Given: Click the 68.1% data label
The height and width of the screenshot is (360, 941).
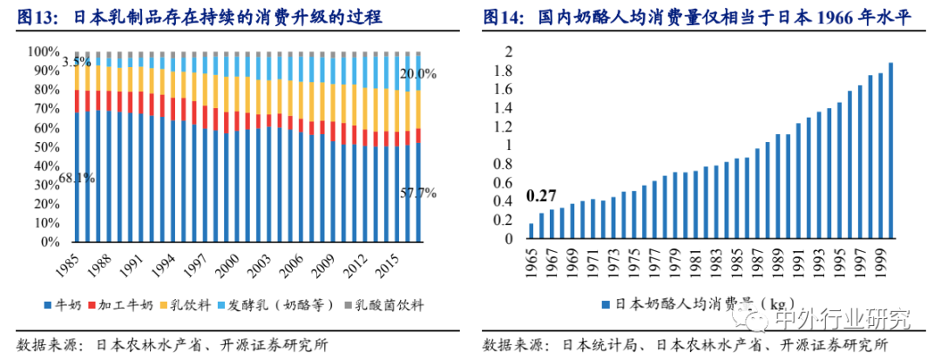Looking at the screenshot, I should (78, 179).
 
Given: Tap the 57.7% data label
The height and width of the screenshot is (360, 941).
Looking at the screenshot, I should (417, 193).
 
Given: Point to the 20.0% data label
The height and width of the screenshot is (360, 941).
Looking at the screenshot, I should (417, 73).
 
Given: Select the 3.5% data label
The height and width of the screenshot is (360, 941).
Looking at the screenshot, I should (77, 61).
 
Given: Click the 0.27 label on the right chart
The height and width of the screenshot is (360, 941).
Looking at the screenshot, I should (542, 195).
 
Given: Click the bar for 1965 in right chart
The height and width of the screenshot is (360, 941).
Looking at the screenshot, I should (531, 230).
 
